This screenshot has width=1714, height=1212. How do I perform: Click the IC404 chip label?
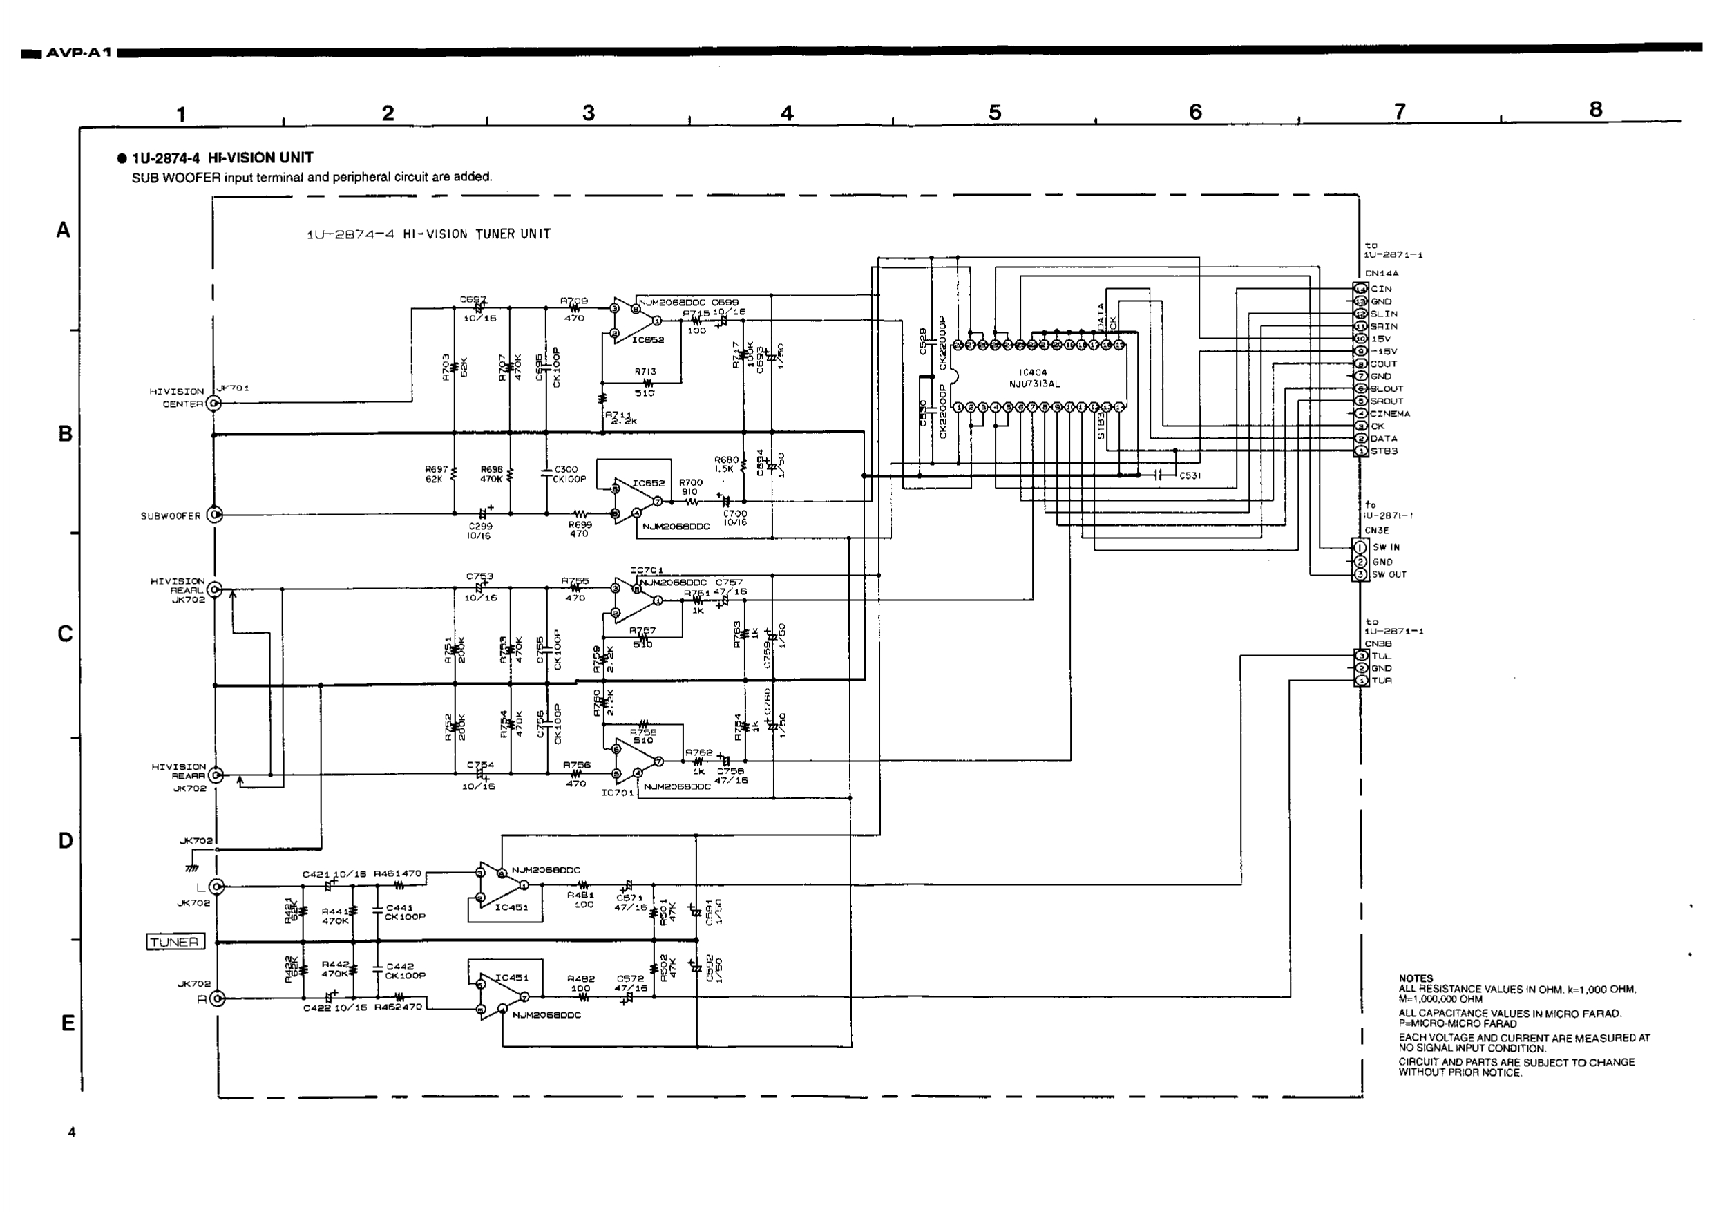(1034, 372)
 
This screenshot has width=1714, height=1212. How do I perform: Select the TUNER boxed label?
(175, 942)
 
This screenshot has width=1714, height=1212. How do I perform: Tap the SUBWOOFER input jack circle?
(215, 515)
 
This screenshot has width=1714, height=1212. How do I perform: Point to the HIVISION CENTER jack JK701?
(214, 404)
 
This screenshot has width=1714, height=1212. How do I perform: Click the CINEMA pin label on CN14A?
(1389, 414)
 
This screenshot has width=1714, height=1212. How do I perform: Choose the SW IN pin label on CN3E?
(1386, 547)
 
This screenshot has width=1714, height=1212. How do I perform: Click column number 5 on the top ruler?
(994, 113)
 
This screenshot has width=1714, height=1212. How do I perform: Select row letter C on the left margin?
(65, 634)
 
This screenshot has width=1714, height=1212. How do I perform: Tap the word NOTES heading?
(1416, 978)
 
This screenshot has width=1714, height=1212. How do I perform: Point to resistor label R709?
(574, 301)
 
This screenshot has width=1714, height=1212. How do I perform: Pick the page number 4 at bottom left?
(72, 1132)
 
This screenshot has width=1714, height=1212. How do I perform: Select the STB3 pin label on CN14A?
(1384, 451)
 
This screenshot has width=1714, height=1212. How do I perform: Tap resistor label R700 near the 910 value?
(691, 482)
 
